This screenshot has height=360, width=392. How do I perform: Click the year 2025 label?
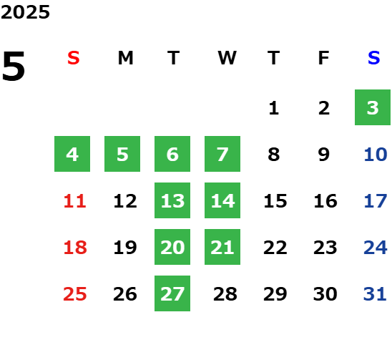click(x=25, y=12)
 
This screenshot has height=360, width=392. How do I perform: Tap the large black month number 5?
click(x=14, y=66)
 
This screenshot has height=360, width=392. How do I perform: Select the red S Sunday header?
click(x=74, y=58)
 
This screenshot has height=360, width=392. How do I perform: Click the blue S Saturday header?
click(x=374, y=58)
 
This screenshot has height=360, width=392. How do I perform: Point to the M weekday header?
click(x=125, y=58)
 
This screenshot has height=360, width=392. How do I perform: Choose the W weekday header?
click(x=227, y=58)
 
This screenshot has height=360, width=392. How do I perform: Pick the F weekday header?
click(x=324, y=58)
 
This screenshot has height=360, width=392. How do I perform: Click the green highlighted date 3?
click(x=373, y=107)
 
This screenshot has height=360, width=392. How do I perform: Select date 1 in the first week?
click(x=274, y=108)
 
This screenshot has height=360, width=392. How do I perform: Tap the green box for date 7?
click(x=222, y=154)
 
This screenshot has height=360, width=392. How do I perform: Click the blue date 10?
click(x=376, y=155)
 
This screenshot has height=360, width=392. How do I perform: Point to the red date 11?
click(x=74, y=201)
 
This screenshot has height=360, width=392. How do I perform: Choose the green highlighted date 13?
click(x=172, y=200)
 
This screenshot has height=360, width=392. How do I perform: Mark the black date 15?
click(x=275, y=201)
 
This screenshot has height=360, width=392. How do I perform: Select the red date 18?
click(x=75, y=248)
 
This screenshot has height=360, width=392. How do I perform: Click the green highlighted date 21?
click(x=222, y=247)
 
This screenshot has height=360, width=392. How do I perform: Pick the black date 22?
click(x=275, y=248)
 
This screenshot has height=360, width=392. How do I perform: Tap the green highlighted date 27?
click(x=172, y=293)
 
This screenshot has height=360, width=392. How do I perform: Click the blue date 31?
click(x=375, y=294)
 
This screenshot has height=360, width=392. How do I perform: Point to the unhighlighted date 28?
click(x=225, y=294)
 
